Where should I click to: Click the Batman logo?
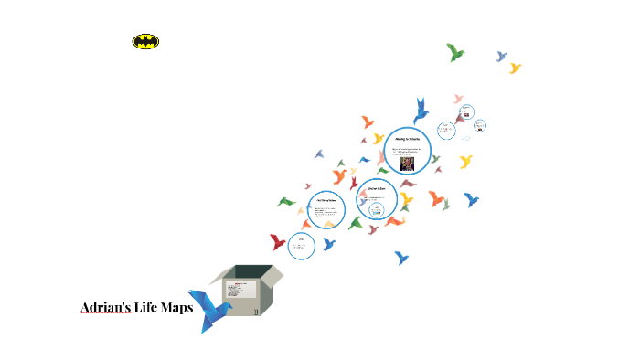click(x=145, y=41)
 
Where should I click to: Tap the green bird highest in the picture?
click(x=455, y=51)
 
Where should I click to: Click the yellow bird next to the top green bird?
click(x=515, y=68)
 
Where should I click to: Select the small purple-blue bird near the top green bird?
click(x=501, y=56)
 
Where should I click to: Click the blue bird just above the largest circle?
click(x=421, y=109)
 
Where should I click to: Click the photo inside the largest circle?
click(x=407, y=164)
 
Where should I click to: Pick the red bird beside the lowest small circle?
click(x=278, y=242)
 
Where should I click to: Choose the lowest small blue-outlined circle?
click(x=302, y=245)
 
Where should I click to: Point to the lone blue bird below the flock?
click(x=400, y=258)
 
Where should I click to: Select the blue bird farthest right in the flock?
click(x=472, y=198)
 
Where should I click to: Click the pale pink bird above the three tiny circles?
click(x=459, y=99)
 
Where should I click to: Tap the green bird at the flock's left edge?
click(x=286, y=201)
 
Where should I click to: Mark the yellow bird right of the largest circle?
click(x=465, y=162)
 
